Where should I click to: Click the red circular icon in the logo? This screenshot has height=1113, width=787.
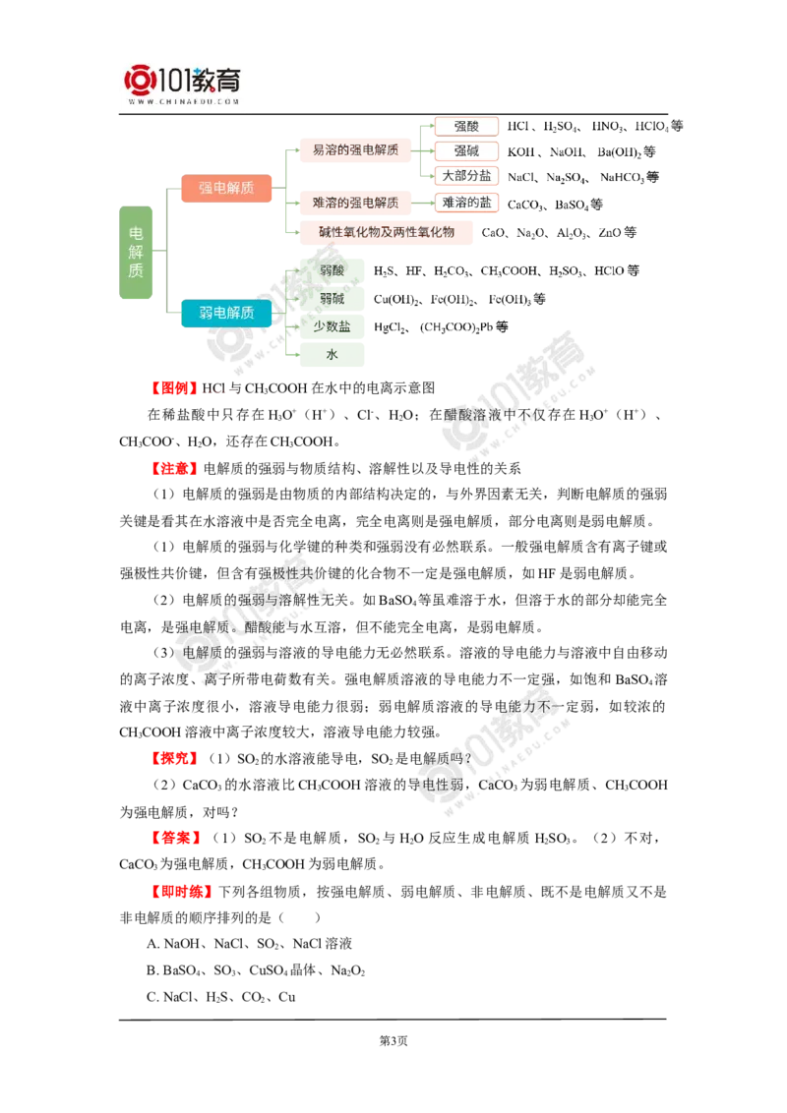[x=139, y=80]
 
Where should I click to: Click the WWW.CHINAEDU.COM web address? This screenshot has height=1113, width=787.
[x=184, y=101]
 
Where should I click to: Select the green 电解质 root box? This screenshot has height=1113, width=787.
[x=136, y=254]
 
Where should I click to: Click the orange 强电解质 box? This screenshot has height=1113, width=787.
[x=227, y=188]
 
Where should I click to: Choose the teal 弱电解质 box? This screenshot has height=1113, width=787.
[x=227, y=313]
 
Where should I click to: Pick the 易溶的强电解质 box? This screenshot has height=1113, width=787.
[x=355, y=149]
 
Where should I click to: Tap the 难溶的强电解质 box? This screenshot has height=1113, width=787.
[x=355, y=203]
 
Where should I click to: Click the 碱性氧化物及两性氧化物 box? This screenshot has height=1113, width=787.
[x=387, y=232]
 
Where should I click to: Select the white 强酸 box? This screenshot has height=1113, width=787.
[x=466, y=126]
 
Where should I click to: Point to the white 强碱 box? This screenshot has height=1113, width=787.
[x=466, y=150]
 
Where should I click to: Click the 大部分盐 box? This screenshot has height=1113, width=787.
[x=466, y=176]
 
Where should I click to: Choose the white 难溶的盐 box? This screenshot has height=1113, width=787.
[x=466, y=202]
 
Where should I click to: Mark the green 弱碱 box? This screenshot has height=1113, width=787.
[x=333, y=298]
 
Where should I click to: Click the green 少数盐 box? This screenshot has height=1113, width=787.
[x=333, y=325]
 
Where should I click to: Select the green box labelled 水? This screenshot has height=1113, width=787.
[x=333, y=354]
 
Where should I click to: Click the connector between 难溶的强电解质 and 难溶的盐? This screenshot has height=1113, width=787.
[x=421, y=203]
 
